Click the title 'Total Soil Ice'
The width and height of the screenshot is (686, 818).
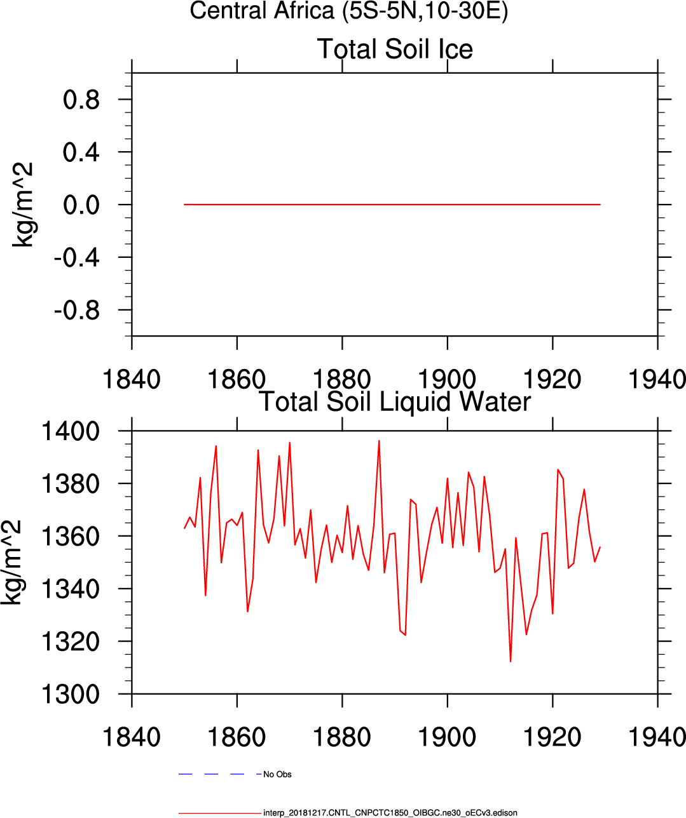coord(395,49)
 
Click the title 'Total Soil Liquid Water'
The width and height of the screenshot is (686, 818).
coord(395,401)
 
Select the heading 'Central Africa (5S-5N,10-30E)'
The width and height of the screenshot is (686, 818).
coord(349,11)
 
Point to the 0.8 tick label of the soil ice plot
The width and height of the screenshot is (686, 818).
coord(81,100)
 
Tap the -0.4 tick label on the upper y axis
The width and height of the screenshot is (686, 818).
coord(77,257)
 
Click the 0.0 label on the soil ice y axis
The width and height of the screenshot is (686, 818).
coord(81,205)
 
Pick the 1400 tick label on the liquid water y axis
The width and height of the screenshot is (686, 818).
coord(71,431)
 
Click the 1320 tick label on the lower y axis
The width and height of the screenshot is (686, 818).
coord(71,641)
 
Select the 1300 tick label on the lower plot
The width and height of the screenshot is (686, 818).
coord(71,694)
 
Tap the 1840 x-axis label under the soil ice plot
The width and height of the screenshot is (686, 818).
coord(132,379)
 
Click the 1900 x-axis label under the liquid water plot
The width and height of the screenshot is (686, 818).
coord(447,737)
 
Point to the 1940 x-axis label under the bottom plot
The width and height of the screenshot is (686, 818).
coord(657,737)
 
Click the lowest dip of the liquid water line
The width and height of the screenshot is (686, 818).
coord(511,661)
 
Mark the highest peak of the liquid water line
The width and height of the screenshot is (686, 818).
coord(379,441)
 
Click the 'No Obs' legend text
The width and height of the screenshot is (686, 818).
coord(277,774)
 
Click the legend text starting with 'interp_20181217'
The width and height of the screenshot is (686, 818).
coord(390,812)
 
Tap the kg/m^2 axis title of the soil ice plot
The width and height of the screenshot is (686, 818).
coord(24,204)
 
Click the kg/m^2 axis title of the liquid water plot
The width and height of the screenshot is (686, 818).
coord(11,562)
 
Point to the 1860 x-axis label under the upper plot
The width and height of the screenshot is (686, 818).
coord(237,379)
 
